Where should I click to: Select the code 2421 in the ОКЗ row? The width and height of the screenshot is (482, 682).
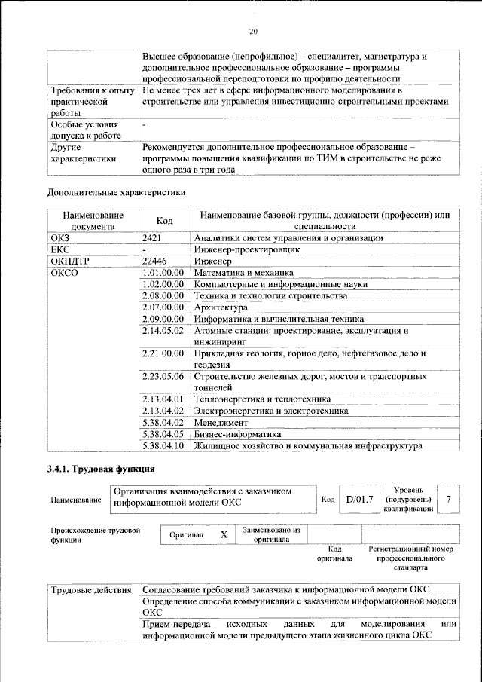pyautogui.click(x=153, y=238)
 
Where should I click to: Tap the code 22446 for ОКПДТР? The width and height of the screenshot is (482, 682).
pyautogui.click(x=154, y=261)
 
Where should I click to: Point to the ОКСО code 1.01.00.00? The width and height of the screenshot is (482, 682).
pyautogui.click(x=163, y=272)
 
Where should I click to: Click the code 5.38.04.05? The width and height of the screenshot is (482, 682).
pyautogui.click(x=163, y=434)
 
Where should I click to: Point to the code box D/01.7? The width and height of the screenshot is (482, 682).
pyautogui.click(x=359, y=499)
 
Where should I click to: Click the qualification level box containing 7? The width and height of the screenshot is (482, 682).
pyautogui.click(x=449, y=499)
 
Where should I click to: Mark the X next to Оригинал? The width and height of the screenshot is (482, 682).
pyautogui.click(x=223, y=534)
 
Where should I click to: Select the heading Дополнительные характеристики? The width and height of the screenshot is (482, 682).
pyautogui.click(x=116, y=191)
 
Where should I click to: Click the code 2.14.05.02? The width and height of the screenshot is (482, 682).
pyautogui.click(x=163, y=330)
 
